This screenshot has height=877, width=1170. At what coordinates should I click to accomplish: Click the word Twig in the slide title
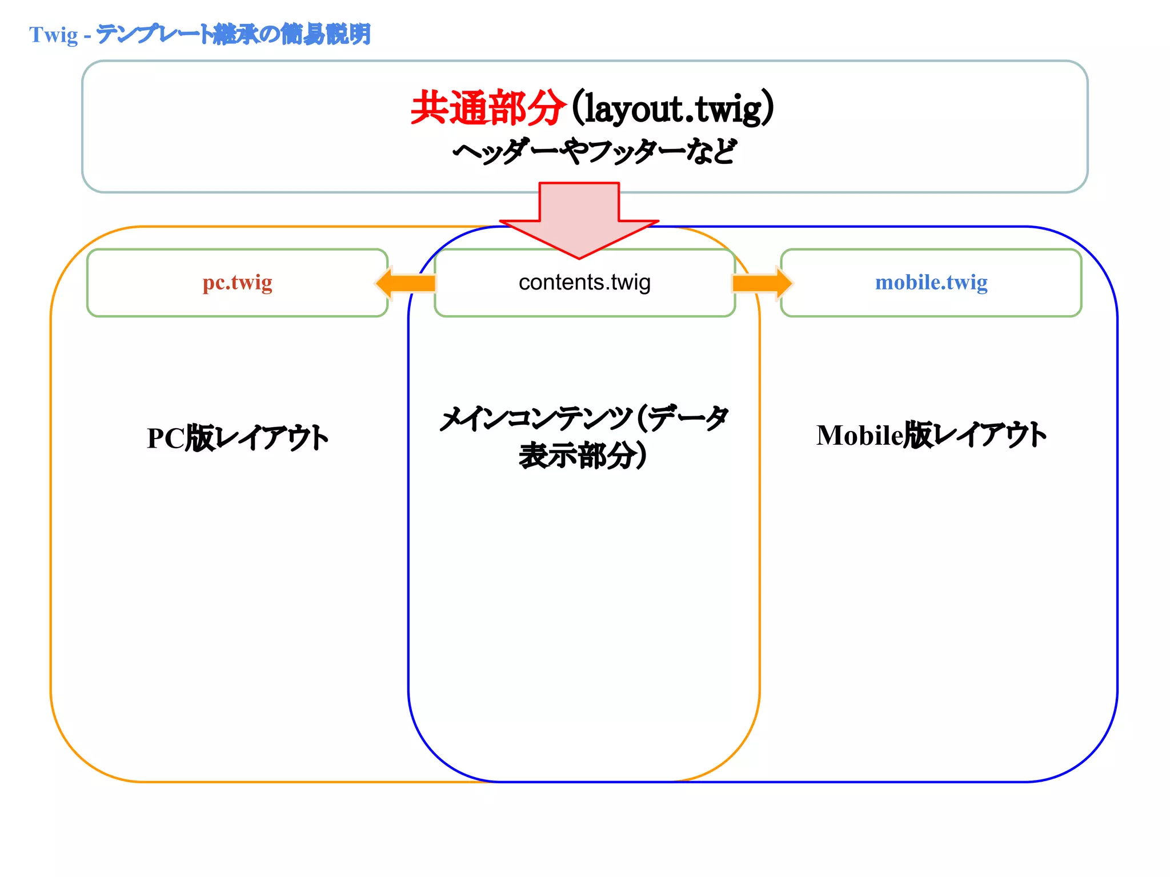point(54,35)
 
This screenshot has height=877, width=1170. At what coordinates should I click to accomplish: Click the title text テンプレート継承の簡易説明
point(233,34)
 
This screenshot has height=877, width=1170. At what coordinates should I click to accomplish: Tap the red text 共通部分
point(487,108)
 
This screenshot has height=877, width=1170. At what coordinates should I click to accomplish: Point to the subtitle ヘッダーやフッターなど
point(594,152)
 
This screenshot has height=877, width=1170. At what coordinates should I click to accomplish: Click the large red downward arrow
point(579,220)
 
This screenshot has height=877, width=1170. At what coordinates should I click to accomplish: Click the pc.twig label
point(237,283)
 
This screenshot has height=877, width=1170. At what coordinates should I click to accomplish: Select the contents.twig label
point(584,283)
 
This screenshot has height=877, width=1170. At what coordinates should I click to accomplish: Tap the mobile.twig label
point(931,283)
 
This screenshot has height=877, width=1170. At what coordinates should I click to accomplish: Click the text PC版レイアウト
point(237,438)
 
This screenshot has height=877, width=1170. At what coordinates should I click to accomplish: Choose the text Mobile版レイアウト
point(931,435)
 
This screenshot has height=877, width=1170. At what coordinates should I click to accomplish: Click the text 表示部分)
point(583,456)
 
